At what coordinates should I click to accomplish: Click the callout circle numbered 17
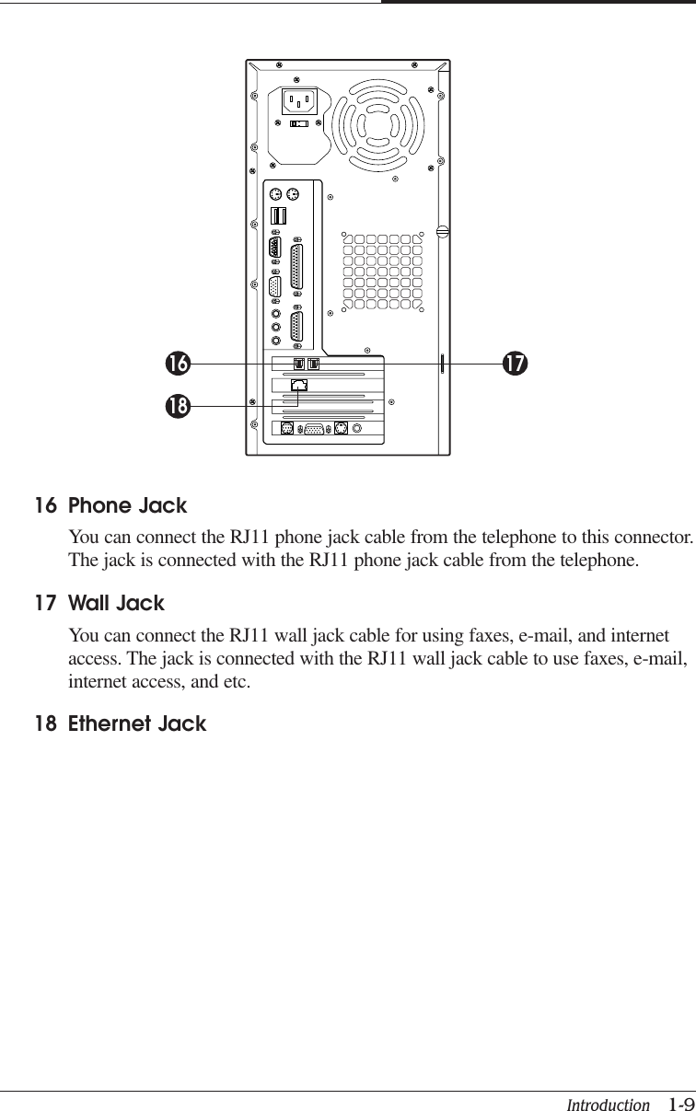[x=515, y=365]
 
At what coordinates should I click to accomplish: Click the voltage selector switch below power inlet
[x=298, y=123]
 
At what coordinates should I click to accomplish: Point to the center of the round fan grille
[x=380, y=119]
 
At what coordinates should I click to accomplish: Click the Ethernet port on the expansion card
[x=298, y=386]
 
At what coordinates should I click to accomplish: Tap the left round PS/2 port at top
[x=276, y=194]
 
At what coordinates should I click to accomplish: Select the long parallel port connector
[x=297, y=268]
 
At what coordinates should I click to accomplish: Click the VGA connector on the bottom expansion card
[x=315, y=429]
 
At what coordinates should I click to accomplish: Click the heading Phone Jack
[x=128, y=506]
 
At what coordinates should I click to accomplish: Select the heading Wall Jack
[x=117, y=605]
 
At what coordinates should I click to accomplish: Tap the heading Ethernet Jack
[x=138, y=724]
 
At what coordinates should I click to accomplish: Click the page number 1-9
[x=681, y=1104]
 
